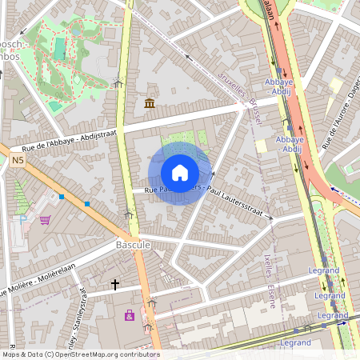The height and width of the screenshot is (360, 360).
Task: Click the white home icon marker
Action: (180, 173)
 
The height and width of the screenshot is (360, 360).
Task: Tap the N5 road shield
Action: (18, 161)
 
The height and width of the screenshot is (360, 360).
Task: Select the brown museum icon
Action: (150, 103)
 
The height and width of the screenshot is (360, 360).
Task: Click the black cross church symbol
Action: (115, 284)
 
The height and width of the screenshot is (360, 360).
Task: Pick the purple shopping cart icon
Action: (46, 220)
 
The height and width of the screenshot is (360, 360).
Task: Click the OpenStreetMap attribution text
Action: (80, 354)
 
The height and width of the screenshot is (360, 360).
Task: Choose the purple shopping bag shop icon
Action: (130, 316)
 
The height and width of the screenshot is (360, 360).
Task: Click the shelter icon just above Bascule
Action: (129, 214)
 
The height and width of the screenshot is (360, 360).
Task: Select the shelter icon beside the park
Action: (118, 82)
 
